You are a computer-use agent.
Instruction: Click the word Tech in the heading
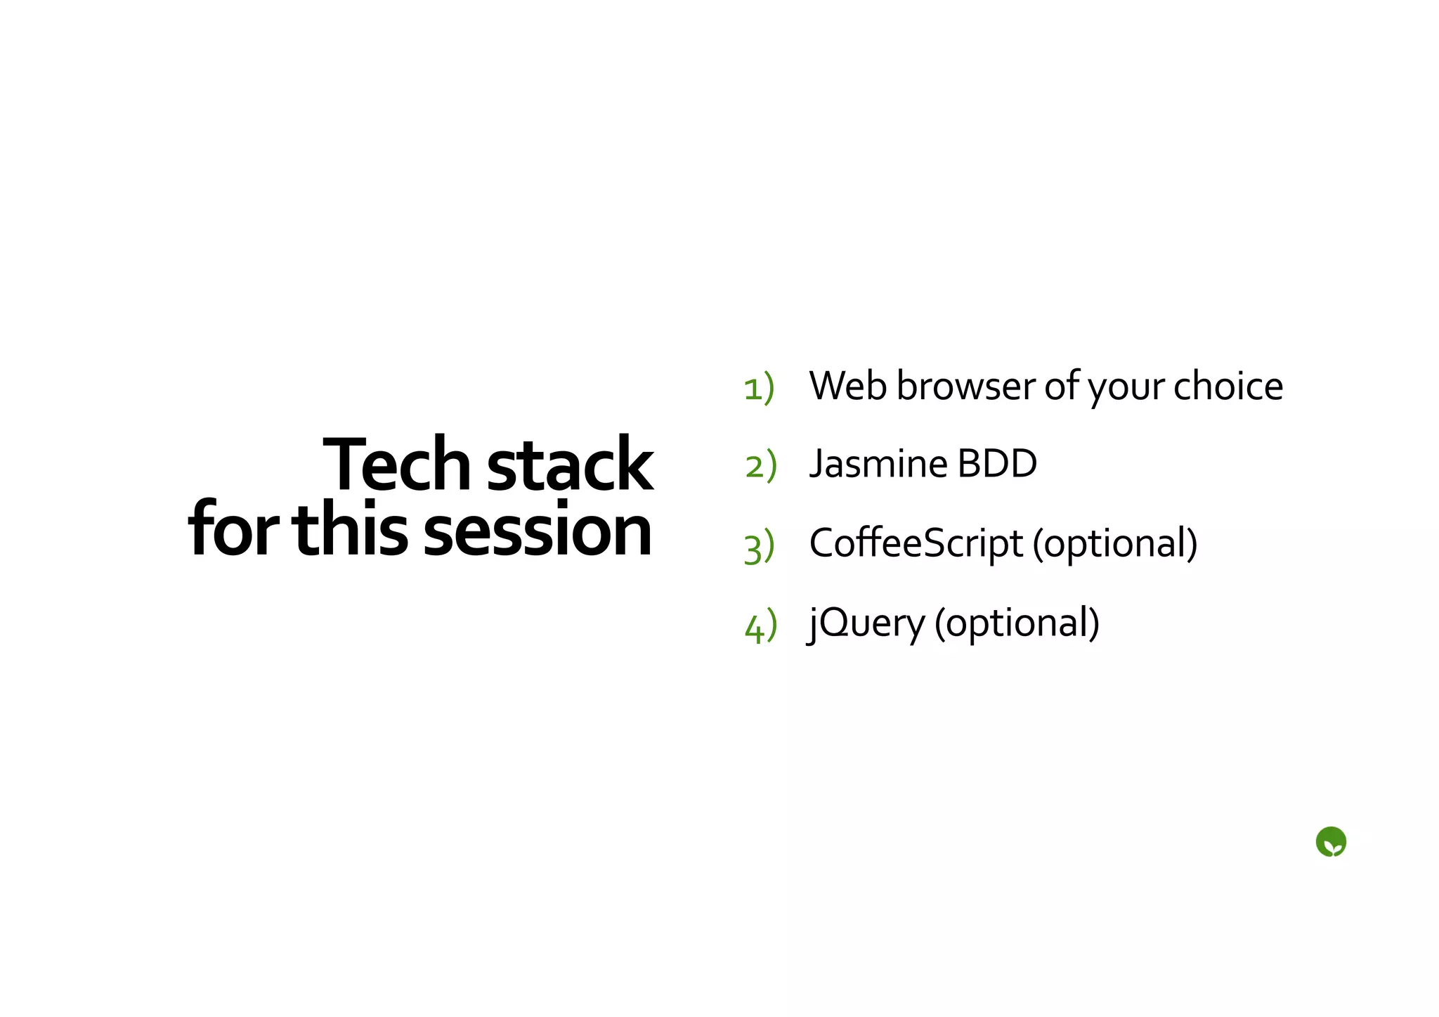[x=396, y=465]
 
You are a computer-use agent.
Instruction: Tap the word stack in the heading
[x=570, y=465]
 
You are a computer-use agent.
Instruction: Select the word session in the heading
[x=538, y=531]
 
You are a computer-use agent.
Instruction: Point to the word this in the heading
[x=350, y=531]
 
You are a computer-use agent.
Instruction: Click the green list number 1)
[x=759, y=387]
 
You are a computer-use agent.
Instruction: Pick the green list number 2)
[x=761, y=466]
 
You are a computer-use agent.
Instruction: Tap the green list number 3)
[x=760, y=546]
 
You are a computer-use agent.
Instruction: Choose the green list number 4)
[x=761, y=625]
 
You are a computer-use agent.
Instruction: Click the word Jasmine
[x=878, y=465]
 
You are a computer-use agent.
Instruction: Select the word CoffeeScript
[x=916, y=544]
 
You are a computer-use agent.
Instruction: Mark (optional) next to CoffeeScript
[x=1115, y=544]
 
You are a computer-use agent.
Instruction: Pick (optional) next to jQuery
[x=1017, y=623]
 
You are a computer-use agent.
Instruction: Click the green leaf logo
[x=1331, y=842]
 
